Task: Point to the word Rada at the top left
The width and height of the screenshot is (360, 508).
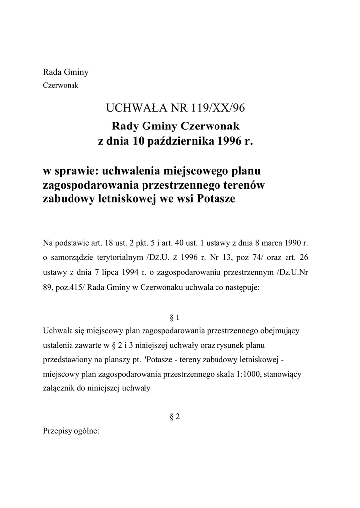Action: (53, 72)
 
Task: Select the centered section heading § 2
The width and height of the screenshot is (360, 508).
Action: (174, 417)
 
